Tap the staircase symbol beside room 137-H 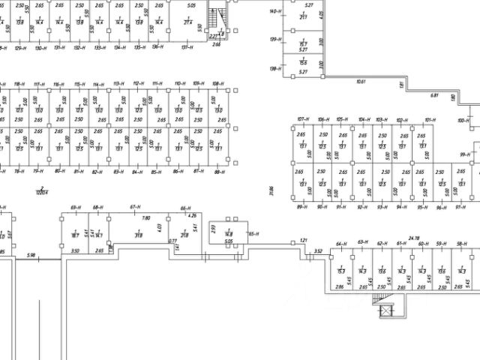pos(217,16)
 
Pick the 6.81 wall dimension pos(433,95)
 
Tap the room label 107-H pos(303,120)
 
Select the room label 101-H pos(430,120)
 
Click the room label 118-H pos(19,83)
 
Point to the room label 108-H pos(217,83)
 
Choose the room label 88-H pos(218,172)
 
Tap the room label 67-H pos(136,206)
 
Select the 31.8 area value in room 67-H pos(139,235)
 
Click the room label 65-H pos(253,234)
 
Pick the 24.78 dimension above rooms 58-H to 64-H pos(413,238)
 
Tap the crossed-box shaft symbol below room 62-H pos(387,311)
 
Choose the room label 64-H pos(340,244)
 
